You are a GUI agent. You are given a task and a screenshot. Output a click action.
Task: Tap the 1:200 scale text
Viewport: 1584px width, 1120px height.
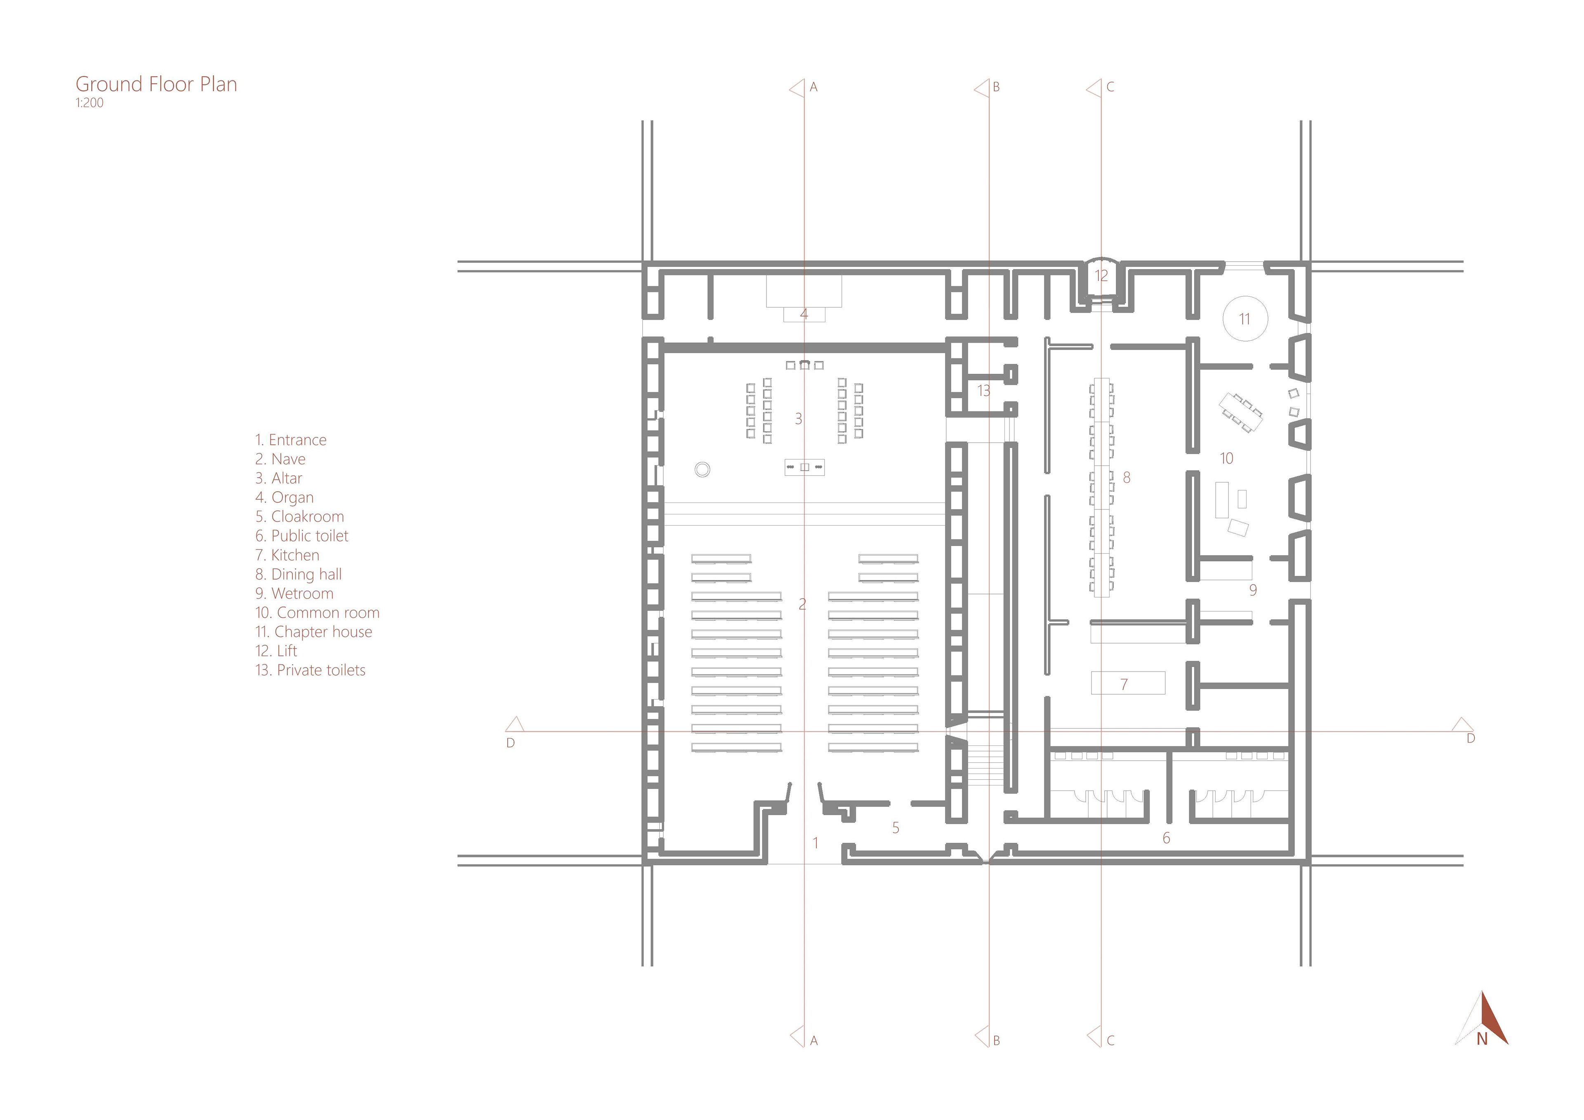[x=90, y=103]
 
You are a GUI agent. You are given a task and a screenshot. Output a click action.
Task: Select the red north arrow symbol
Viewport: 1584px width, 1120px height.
[x=1482, y=1019]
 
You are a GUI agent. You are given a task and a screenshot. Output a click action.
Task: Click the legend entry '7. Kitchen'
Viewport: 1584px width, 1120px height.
[x=287, y=555]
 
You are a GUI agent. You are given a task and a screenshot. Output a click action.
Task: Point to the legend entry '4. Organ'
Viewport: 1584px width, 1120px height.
[x=284, y=498]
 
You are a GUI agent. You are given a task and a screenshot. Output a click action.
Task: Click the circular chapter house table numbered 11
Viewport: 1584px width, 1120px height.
[x=1245, y=319]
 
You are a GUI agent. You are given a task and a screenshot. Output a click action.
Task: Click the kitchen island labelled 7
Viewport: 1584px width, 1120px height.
[x=1128, y=683]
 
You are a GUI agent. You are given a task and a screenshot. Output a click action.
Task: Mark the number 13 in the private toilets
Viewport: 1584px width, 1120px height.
[x=984, y=391]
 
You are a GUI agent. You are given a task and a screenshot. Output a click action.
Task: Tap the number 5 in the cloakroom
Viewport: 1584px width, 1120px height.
[x=896, y=828]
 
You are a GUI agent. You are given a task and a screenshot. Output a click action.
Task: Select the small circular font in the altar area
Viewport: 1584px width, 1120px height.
[x=702, y=470]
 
